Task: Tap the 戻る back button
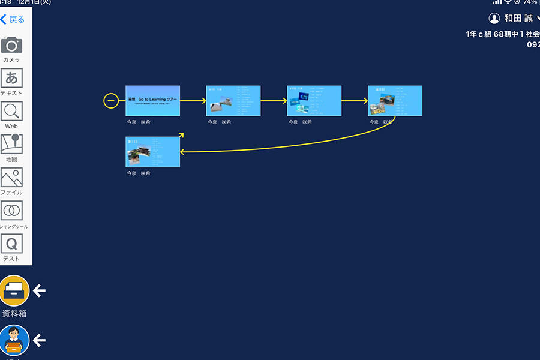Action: tap(13, 20)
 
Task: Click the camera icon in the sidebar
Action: tap(11, 45)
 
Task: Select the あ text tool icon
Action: tap(11, 78)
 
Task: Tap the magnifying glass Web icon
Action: tap(11, 111)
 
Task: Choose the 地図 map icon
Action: tap(11, 144)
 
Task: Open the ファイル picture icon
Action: tap(11, 178)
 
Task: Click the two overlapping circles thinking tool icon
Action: tap(11, 211)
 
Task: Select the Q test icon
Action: tap(11, 244)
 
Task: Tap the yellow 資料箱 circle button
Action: tap(14, 290)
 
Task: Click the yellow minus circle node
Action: tap(111, 101)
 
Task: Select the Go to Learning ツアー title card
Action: tap(152, 101)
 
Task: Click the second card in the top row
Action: tap(233, 101)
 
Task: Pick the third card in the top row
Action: tap(314, 101)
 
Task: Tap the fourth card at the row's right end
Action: tap(395, 101)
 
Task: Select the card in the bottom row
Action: tap(152, 152)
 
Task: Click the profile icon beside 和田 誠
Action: tap(494, 19)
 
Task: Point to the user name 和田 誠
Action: tap(518, 19)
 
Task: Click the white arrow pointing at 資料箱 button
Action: tap(39, 291)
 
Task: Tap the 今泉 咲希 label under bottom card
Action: tap(139, 173)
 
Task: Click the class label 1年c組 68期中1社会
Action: tap(502, 34)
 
